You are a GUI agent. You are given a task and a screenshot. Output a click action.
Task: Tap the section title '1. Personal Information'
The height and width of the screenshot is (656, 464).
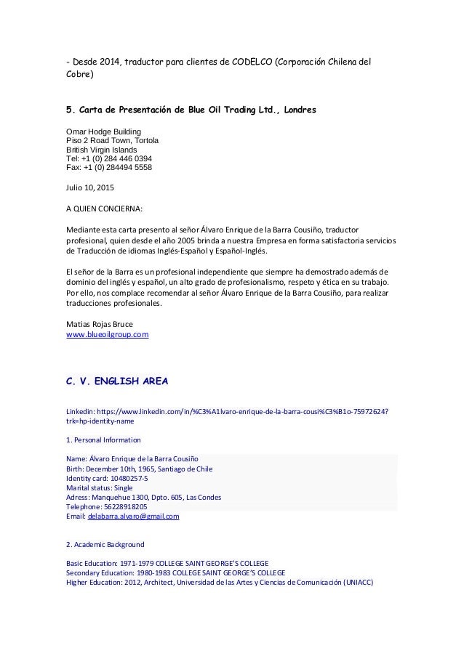point(103,440)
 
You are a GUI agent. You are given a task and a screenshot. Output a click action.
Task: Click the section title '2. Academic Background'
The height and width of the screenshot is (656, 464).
point(105,544)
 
